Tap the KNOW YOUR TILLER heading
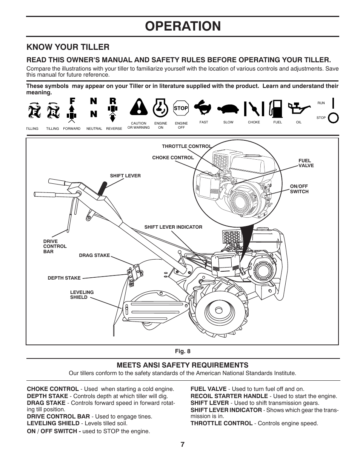pyautogui.click(x=68, y=47)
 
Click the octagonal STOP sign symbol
pyautogui.click(x=181, y=108)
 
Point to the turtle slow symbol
pyautogui.click(x=228, y=109)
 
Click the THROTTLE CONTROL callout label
pyautogui.click(x=186, y=146)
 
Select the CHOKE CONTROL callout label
pyautogui.click(x=173, y=158)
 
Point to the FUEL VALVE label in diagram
pyautogui.click(x=306, y=163)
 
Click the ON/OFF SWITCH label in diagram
pyautogui.click(x=299, y=189)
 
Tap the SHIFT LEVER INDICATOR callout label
pyautogui.click(x=173, y=227)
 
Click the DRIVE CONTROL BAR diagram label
pyautogui.click(x=55, y=246)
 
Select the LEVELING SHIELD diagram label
pyautogui.click(x=82, y=295)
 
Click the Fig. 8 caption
pyautogui.click(x=182, y=351)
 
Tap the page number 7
pyautogui.click(x=182, y=444)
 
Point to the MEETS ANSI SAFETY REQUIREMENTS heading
pyautogui.click(x=182, y=365)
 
